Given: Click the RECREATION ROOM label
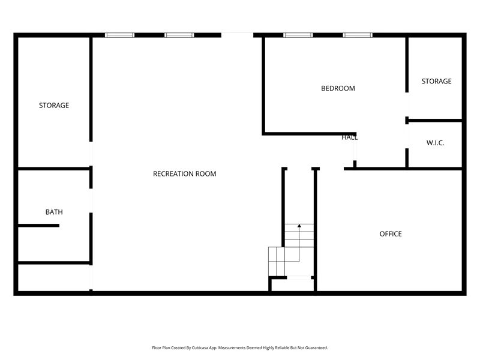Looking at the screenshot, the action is [x=185, y=174].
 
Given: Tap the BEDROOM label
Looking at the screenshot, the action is [x=338, y=88].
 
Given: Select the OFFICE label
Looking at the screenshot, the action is [x=391, y=234].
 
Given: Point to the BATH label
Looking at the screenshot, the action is [x=54, y=212].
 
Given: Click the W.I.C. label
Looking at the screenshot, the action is [x=436, y=143].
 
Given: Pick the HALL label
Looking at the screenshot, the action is [x=349, y=137].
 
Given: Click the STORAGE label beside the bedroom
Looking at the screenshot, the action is [x=437, y=81].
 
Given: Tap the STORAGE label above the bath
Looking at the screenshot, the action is [x=54, y=106].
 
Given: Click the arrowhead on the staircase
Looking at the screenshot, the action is [x=299, y=226].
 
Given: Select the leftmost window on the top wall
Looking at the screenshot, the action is [x=119, y=35].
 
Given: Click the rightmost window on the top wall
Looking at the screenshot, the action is [x=358, y=35].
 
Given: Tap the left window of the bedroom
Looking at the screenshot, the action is [x=298, y=35].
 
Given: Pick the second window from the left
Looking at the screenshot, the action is [x=179, y=35].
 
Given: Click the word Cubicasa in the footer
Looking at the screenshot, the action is [x=199, y=348].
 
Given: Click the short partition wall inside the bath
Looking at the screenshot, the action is [x=38, y=226].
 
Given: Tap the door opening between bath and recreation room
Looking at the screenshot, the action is [x=91, y=200].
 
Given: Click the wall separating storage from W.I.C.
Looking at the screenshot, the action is [x=434, y=121].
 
